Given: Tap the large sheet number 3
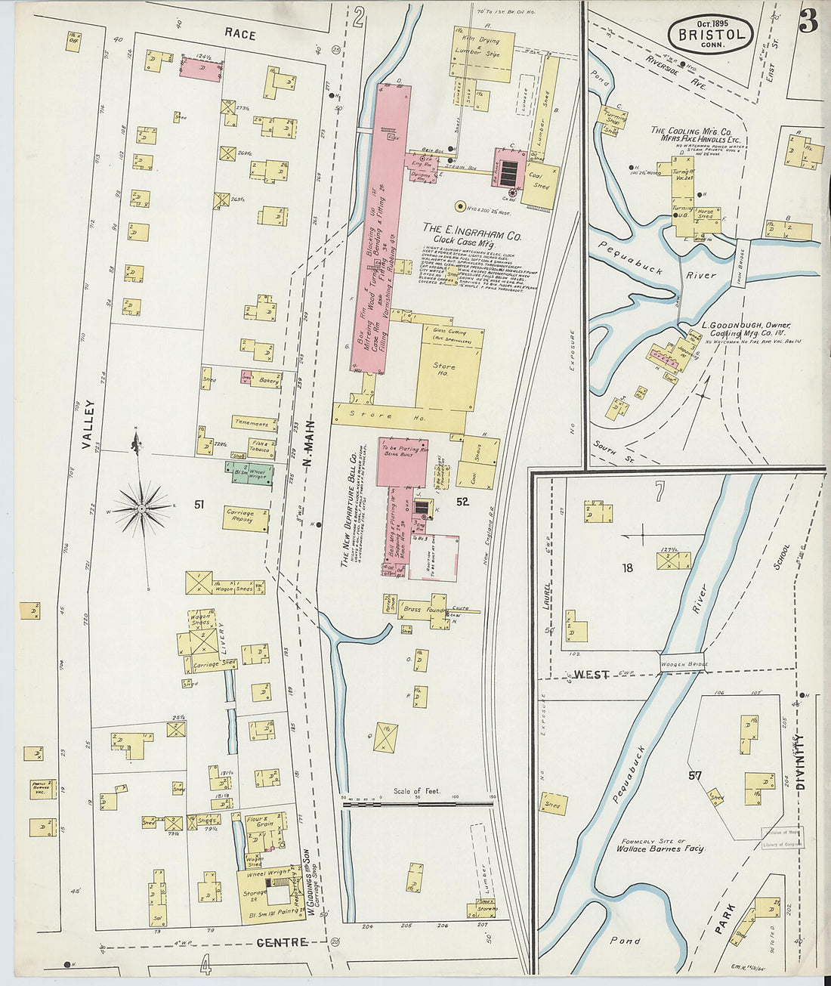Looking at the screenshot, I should [808, 23].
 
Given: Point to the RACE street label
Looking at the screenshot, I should [239, 34].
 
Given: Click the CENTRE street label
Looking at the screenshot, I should [282, 942].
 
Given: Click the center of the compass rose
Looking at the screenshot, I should [141, 510].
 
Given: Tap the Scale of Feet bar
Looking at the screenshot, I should [417, 805].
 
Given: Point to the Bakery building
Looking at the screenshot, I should [264, 380].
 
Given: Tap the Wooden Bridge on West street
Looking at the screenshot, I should [681, 663].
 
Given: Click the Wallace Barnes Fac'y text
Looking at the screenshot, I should [660, 848].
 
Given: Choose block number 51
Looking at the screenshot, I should [199, 504].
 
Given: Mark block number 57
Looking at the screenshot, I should [694, 775].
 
